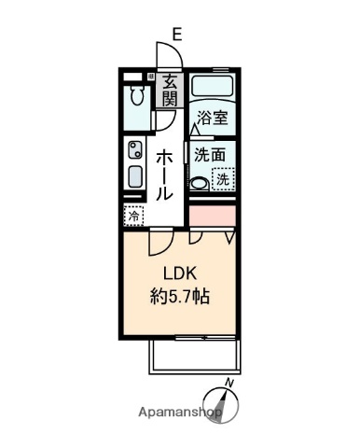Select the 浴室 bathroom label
click(x=213, y=118)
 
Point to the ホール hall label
click(x=163, y=175)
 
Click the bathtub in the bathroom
click(x=214, y=88)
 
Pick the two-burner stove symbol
click(x=134, y=150)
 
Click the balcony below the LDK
click(x=195, y=358)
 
